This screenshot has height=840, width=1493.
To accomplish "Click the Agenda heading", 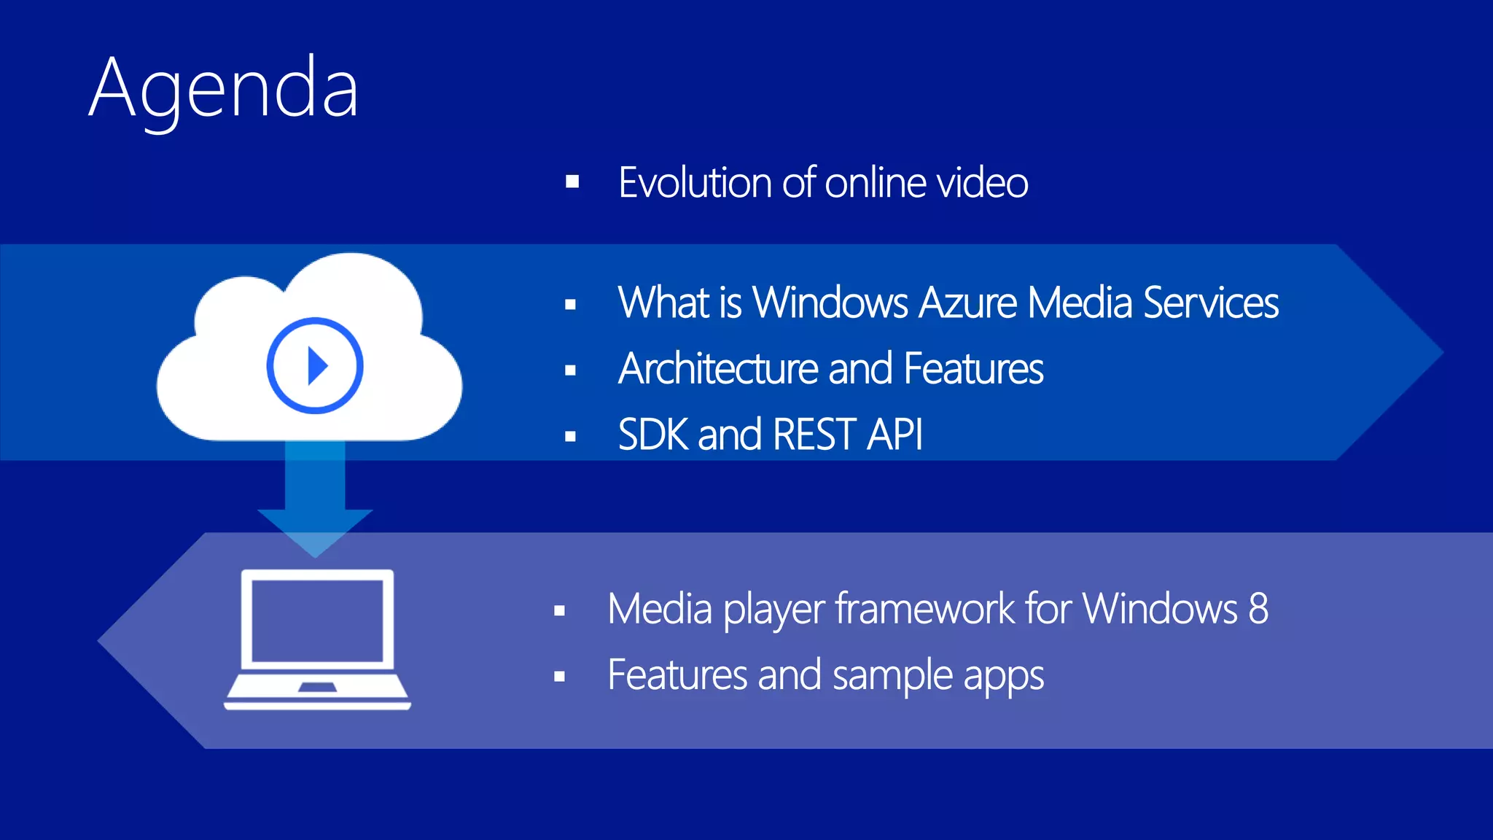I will (223, 89).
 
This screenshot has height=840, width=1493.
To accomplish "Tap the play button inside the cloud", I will (315, 365).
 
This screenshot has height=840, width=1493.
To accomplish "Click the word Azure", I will (968, 303).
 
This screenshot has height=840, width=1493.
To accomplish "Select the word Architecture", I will (718, 368).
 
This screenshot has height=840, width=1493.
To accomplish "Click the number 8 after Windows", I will (1258, 609).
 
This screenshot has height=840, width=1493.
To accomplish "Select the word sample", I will (892, 676).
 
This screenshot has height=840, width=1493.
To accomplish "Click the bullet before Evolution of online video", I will (572, 182).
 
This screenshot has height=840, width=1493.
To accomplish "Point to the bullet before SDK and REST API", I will (571, 437).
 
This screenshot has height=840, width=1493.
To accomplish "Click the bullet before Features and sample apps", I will (560, 677).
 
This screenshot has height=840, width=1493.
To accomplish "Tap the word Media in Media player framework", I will (660, 609).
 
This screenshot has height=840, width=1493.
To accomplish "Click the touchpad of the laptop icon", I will (317, 688).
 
